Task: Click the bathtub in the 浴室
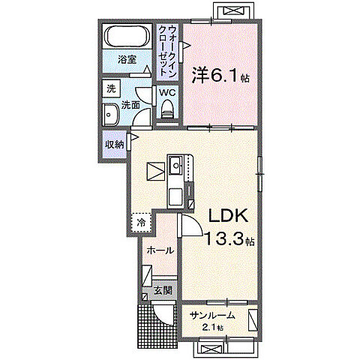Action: [x=127, y=36]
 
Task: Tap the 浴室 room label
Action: [x=127, y=59]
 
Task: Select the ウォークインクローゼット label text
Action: [x=168, y=51]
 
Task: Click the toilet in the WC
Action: [x=167, y=109]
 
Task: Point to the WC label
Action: [x=167, y=93]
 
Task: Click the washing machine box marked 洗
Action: [x=111, y=88]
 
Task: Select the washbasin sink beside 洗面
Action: [x=110, y=115]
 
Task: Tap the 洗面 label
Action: [x=130, y=105]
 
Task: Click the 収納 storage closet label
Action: [x=114, y=145]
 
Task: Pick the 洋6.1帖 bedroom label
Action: [x=220, y=76]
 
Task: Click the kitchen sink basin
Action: [x=176, y=165]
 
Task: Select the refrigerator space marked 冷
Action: [x=141, y=222]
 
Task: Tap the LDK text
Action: [x=228, y=215]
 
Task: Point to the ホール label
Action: [x=160, y=250]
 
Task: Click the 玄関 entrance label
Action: [x=163, y=290]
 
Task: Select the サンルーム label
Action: [x=212, y=316]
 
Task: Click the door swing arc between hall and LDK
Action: [x=196, y=222]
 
